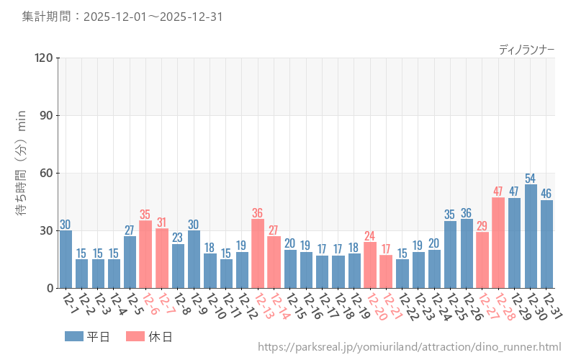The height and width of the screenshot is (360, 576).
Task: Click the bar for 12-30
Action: [531, 236]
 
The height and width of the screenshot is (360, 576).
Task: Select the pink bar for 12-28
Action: [498, 243]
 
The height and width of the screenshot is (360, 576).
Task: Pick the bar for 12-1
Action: [66, 259]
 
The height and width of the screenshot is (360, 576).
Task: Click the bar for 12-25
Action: [450, 254]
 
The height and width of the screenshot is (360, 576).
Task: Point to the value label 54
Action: [531, 178]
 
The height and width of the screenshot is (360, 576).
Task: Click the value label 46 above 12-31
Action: [546, 194]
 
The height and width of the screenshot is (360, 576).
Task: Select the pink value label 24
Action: [370, 235]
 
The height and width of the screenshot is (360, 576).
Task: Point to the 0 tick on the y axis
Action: [50, 288]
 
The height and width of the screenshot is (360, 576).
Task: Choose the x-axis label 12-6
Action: [149, 307]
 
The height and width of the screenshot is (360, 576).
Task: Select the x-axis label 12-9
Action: [197, 307]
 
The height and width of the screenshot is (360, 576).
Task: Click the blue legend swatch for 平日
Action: [74, 336]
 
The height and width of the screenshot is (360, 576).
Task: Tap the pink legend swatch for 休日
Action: [135, 336]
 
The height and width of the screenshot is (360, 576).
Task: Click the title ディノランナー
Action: [526, 50]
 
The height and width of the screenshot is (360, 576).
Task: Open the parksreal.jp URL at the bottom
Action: [409, 348]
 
